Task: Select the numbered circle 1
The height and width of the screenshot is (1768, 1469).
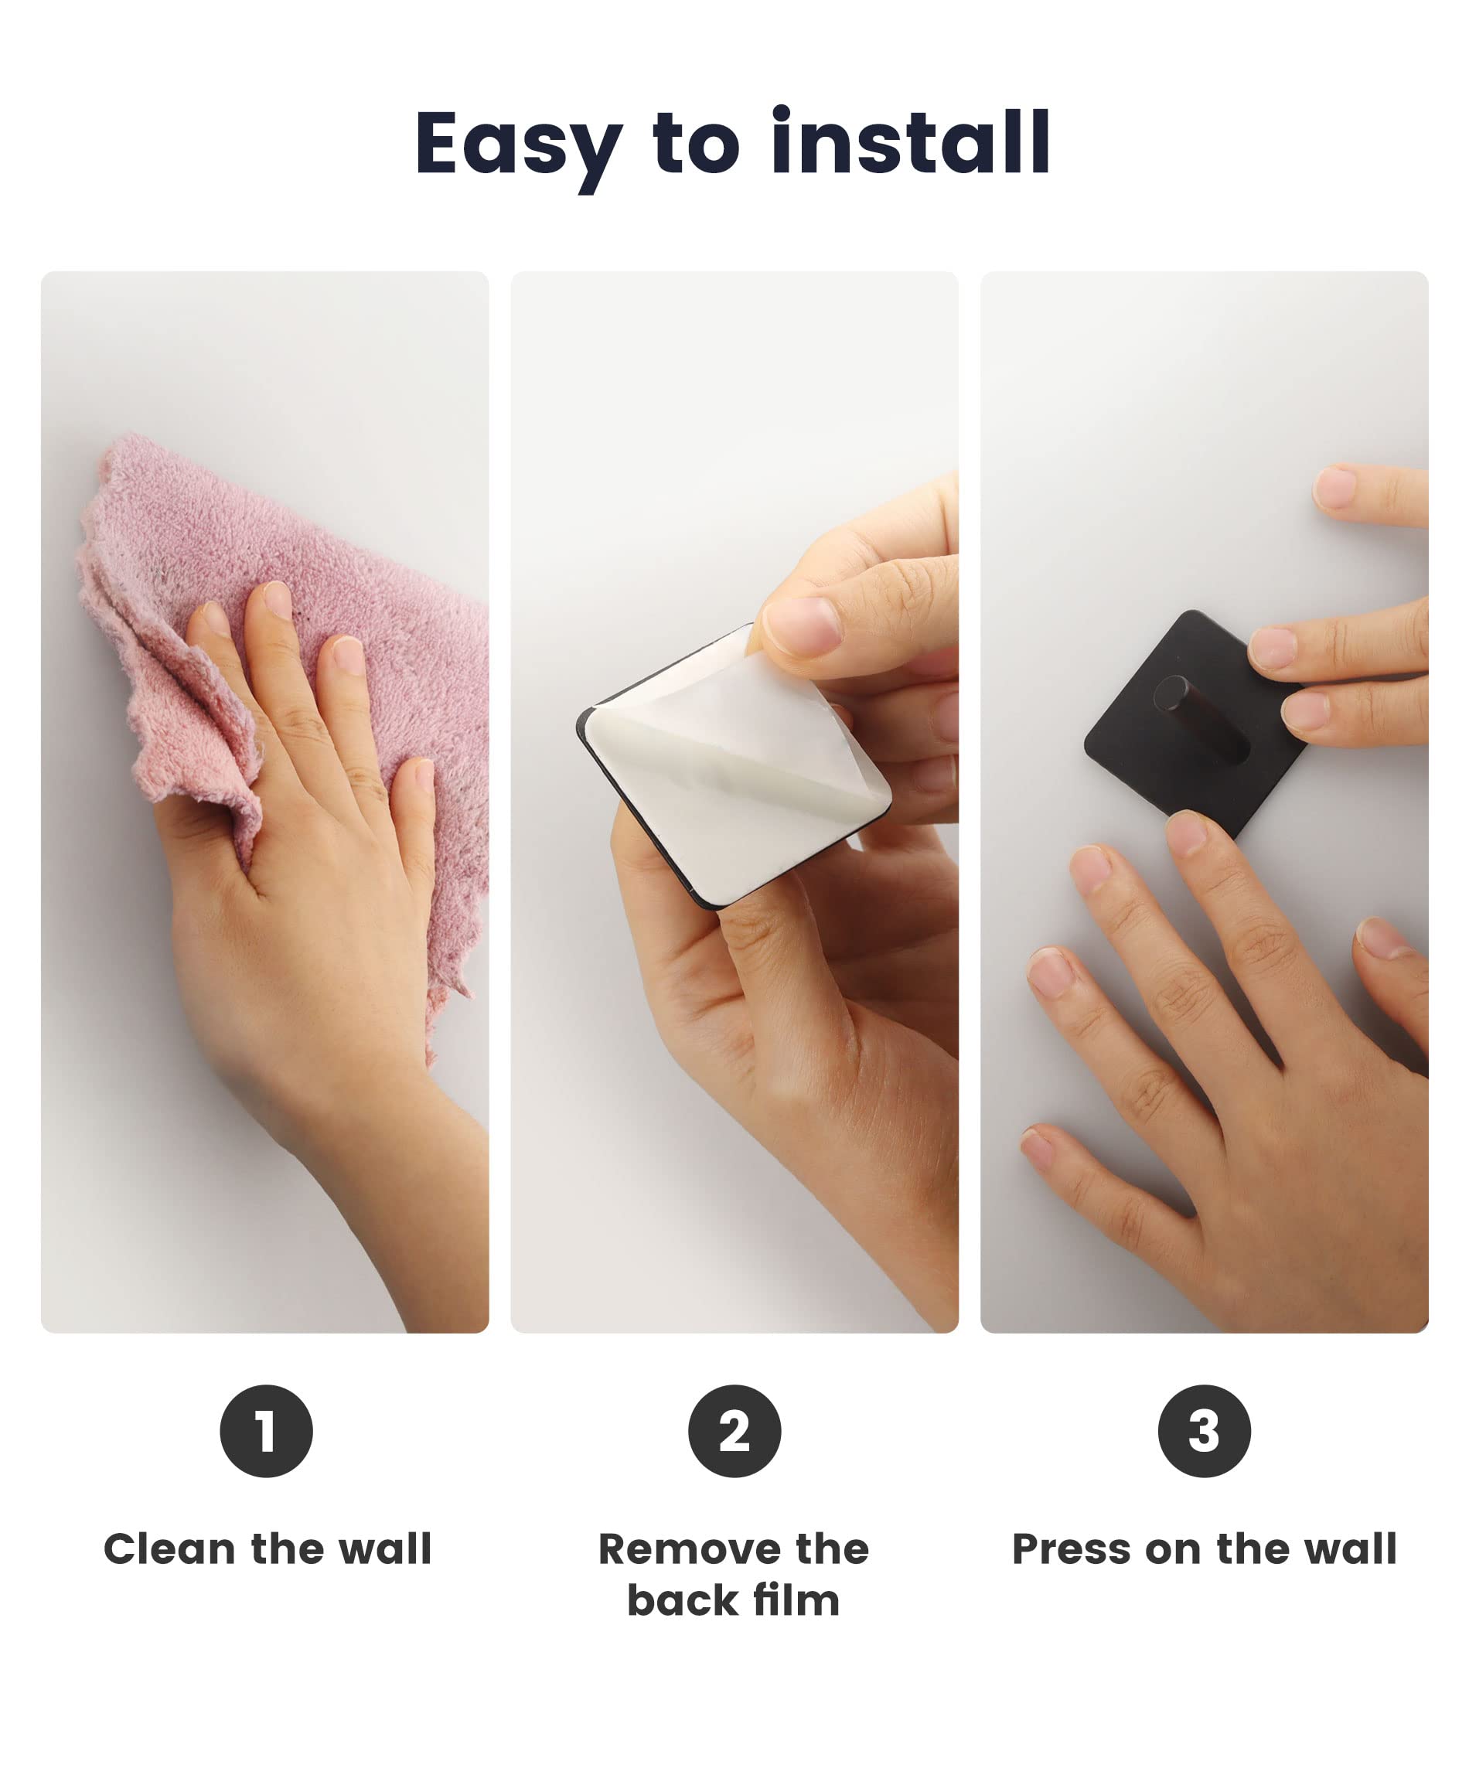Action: (x=266, y=1431)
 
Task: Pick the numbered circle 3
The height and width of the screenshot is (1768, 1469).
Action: (x=1204, y=1431)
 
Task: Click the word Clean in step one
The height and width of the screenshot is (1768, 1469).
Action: (x=169, y=1550)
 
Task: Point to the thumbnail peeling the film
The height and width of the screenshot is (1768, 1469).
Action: (x=802, y=627)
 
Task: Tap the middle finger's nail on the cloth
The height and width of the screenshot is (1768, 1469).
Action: (x=276, y=599)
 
